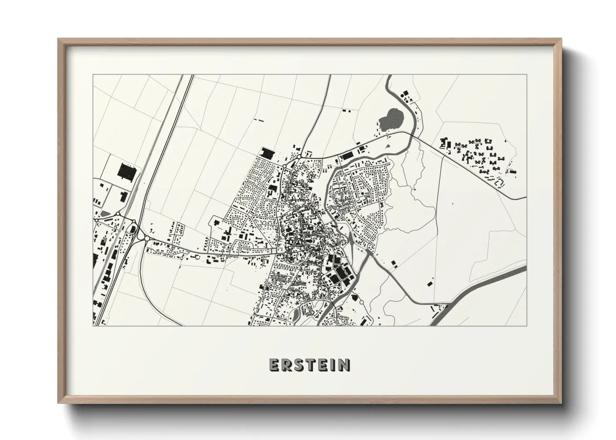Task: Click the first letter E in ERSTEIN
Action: [x=275, y=365]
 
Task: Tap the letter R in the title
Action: [x=287, y=365]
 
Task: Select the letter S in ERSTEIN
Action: [x=298, y=365]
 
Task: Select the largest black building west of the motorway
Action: [x=126, y=171]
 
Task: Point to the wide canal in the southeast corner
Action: [x=479, y=293]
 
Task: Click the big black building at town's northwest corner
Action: [x=266, y=153]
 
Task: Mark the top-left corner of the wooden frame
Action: [x=58, y=39]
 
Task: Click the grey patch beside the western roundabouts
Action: [x=104, y=213]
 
